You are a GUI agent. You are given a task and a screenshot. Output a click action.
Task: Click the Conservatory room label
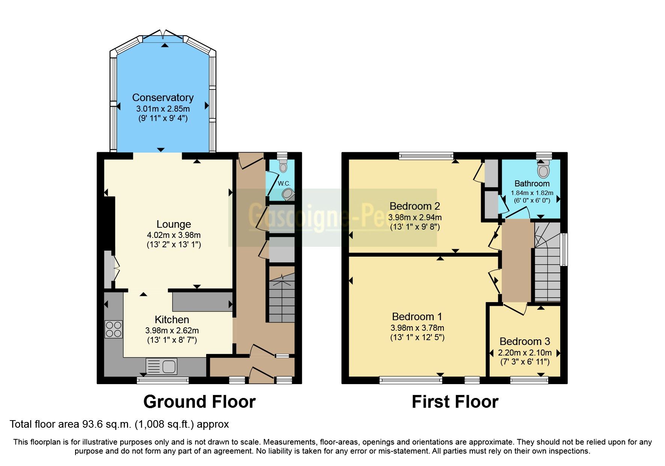[x=163, y=98]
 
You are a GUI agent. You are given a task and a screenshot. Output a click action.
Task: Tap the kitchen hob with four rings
[x=113, y=329]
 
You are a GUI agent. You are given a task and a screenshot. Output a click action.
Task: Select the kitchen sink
[x=161, y=366]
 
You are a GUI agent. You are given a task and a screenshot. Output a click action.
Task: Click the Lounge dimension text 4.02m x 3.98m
[x=173, y=235]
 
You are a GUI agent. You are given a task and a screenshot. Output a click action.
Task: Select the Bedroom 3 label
[x=525, y=342]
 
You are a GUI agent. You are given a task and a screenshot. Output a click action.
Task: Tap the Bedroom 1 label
[x=417, y=317]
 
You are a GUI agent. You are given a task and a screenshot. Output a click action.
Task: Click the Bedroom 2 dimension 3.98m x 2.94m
[x=415, y=217]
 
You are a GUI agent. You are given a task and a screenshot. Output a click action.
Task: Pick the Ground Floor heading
[x=199, y=402]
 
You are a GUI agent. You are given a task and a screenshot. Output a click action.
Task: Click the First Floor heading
[x=455, y=402]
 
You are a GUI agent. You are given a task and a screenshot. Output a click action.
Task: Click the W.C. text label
[x=284, y=184]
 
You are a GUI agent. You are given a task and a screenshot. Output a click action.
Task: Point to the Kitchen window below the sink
[x=163, y=381]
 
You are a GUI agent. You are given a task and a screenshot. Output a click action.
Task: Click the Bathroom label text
[x=532, y=184]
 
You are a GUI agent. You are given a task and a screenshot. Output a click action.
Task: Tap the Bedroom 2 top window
[x=426, y=156]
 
